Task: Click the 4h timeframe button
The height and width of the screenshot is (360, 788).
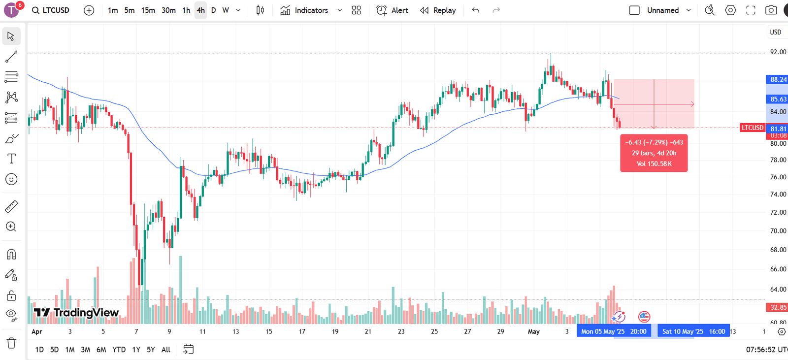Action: point(200,10)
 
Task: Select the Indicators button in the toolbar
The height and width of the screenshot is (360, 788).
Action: point(304,10)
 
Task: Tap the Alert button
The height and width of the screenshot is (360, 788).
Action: point(393,10)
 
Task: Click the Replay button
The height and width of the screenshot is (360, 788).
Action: point(438,10)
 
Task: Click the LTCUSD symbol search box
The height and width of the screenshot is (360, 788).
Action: point(51,10)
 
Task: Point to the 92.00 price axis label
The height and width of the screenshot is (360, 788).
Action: point(778,52)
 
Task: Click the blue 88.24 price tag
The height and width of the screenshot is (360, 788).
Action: point(778,79)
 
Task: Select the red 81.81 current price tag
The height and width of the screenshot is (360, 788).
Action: point(778,129)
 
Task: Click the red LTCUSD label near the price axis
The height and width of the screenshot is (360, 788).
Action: point(753,128)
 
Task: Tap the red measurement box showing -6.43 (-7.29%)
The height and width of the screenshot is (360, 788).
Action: point(654,153)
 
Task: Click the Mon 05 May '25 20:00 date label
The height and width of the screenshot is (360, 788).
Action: point(614,331)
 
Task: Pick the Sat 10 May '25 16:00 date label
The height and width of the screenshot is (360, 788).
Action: point(693,331)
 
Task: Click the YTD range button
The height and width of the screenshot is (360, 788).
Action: point(119,350)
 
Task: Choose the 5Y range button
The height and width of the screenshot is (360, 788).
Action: point(151,350)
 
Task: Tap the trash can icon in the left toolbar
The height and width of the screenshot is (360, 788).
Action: point(11,343)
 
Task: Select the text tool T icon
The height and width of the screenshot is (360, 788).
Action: point(11,159)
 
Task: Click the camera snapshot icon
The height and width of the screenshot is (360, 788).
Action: point(771,10)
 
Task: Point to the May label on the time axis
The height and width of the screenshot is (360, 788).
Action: point(533,331)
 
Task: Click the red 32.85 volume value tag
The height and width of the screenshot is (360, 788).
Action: point(778,307)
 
